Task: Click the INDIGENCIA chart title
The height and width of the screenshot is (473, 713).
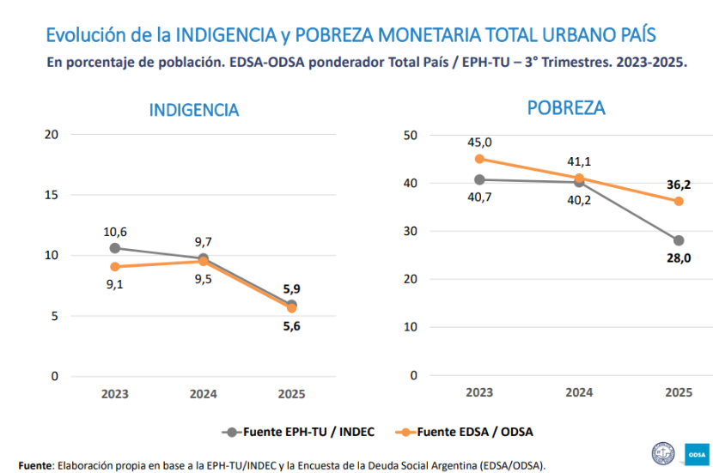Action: pyautogui.click(x=193, y=110)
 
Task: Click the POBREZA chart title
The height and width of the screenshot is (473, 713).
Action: pyautogui.click(x=566, y=108)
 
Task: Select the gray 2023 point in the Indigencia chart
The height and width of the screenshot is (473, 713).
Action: pyautogui.click(x=115, y=248)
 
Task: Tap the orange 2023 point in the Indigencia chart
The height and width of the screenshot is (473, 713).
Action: pyautogui.click(x=115, y=267)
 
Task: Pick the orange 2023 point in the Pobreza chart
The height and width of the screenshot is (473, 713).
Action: pyautogui.click(x=479, y=159)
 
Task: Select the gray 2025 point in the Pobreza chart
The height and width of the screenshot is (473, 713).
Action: pyautogui.click(x=679, y=240)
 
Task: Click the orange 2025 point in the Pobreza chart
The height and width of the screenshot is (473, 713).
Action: pyautogui.click(x=679, y=201)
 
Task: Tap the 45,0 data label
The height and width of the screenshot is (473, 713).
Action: pyautogui.click(x=479, y=143)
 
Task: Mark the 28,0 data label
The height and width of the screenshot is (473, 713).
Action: pyautogui.click(x=679, y=258)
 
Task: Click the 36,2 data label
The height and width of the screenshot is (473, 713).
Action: pyautogui.click(x=679, y=184)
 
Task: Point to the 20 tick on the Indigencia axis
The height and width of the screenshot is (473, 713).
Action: pyautogui.click(x=52, y=134)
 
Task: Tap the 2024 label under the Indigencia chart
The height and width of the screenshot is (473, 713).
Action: pyautogui.click(x=203, y=394)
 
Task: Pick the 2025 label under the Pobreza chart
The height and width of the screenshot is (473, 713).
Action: pyautogui.click(x=679, y=392)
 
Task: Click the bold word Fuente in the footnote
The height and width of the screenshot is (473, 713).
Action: pyautogui.click(x=35, y=464)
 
